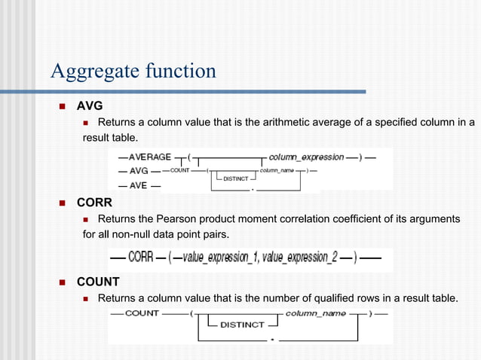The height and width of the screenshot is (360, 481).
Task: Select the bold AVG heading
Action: [x=90, y=105]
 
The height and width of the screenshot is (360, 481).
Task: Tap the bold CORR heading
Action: [x=94, y=203]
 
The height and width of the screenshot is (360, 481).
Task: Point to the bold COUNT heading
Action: [x=98, y=282]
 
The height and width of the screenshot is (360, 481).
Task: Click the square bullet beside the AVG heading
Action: [x=63, y=105]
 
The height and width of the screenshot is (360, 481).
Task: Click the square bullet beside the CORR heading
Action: [x=63, y=203]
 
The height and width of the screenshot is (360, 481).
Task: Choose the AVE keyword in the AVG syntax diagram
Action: [x=138, y=185]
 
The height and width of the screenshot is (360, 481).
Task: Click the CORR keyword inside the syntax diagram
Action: [x=141, y=257]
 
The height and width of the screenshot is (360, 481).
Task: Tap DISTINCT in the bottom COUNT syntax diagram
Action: [x=242, y=325]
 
